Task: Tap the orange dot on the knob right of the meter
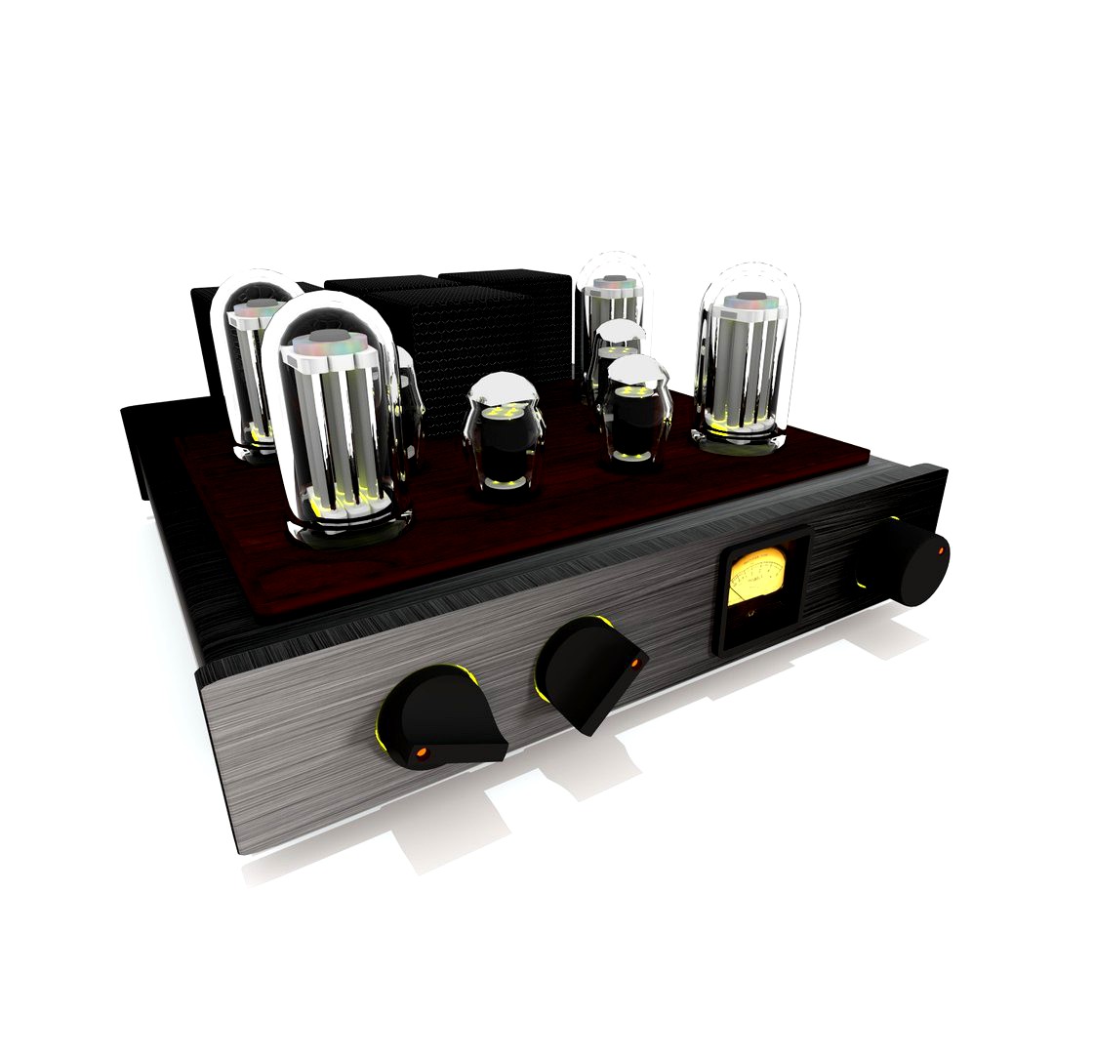[940, 552]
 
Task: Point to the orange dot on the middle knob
[633, 664]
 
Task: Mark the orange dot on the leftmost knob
[423, 751]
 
